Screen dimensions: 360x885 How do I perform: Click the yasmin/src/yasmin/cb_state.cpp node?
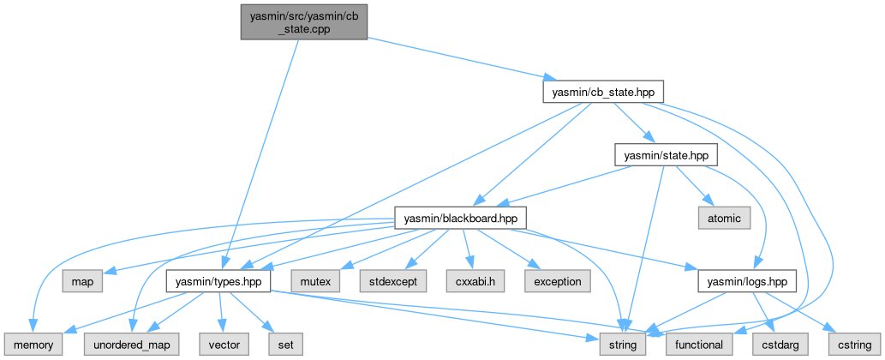[x=302, y=20]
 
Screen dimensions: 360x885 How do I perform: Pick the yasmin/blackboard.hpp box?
[x=459, y=218]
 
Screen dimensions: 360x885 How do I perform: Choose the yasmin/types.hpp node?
[x=218, y=281]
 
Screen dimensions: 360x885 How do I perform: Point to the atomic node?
[x=724, y=218]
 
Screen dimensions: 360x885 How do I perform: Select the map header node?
[x=82, y=281]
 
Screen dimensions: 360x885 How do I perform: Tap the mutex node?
[x=314, y=281]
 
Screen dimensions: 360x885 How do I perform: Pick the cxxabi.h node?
[x=469, y=281]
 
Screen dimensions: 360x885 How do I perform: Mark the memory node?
[x=33, y=345]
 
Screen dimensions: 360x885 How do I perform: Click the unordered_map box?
[x=127, y=345]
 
